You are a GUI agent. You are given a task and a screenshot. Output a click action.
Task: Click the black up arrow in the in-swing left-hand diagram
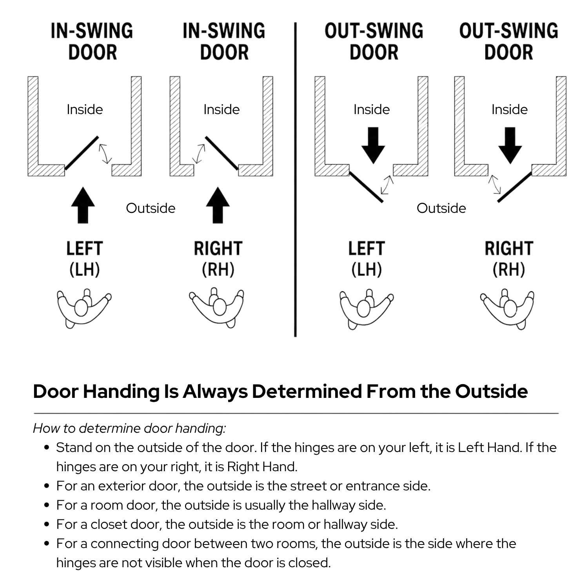pyautogui.click(x=83, y=205)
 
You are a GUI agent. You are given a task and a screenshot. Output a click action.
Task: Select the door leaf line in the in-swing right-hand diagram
pyautogui.click(x=221, y=153)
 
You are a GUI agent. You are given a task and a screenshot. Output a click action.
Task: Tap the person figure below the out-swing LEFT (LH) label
pyautogui.click(x=366, y=309)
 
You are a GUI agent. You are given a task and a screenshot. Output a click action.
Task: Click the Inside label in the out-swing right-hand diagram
pyautogui.click(x=510, y=109)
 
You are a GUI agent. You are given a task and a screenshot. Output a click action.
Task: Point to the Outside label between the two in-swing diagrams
pyautogui.click(x=151, y=208)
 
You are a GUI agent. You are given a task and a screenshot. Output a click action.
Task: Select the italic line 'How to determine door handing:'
pyautogui.click(x=129, y=428)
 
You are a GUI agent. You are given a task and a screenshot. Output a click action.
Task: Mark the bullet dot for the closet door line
pyautogui.click(x=47, y=524)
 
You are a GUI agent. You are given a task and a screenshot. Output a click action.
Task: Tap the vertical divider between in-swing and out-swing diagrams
pyautogui.click(x=295, y=180)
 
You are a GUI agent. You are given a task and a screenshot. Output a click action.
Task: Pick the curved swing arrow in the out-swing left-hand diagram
pyautogui.click(x=387, y=185)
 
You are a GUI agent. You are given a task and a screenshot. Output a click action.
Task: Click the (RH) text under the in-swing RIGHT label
pyautogui.click(x=218, y=270)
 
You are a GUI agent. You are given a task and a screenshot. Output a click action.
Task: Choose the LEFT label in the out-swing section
pyautogui.click(x=367, y=249)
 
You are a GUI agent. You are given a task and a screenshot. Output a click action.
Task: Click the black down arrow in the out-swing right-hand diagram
pyautogui.click(x=510, y=145)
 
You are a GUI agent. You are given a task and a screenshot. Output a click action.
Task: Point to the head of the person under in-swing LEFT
pyautogui.click(x=81, y=308)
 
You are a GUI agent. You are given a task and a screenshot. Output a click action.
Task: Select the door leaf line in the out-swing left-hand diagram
pyautogui.click(x=366, y=187)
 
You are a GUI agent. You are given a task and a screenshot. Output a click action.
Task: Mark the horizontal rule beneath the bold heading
pyautogui.click(x=296, y=413)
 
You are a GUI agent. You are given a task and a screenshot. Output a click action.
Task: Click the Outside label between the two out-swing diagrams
pyautogui.click(x=441, y=208)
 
